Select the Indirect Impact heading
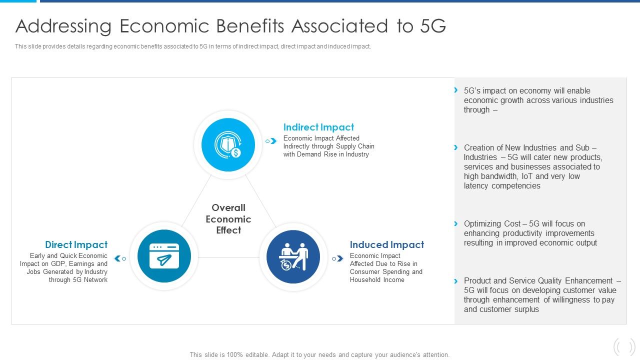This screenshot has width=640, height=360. [318, 127]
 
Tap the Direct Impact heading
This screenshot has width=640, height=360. [76, 245]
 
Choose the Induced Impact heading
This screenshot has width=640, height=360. [386, 245]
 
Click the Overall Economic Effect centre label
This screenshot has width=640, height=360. [228, 219]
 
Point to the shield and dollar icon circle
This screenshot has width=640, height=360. [228, 144]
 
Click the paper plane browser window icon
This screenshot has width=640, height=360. [164, 256]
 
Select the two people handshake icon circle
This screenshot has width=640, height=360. [293, 256]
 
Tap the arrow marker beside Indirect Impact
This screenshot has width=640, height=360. [271, 141]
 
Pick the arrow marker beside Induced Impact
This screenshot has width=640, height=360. [338, 258]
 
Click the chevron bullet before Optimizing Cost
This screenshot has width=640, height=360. [455, 223]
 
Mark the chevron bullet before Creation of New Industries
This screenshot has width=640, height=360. [455, 147]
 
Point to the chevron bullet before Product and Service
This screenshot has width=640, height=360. [455, 280]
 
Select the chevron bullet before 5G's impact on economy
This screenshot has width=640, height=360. [455, 90]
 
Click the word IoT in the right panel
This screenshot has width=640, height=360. [527, 176]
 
